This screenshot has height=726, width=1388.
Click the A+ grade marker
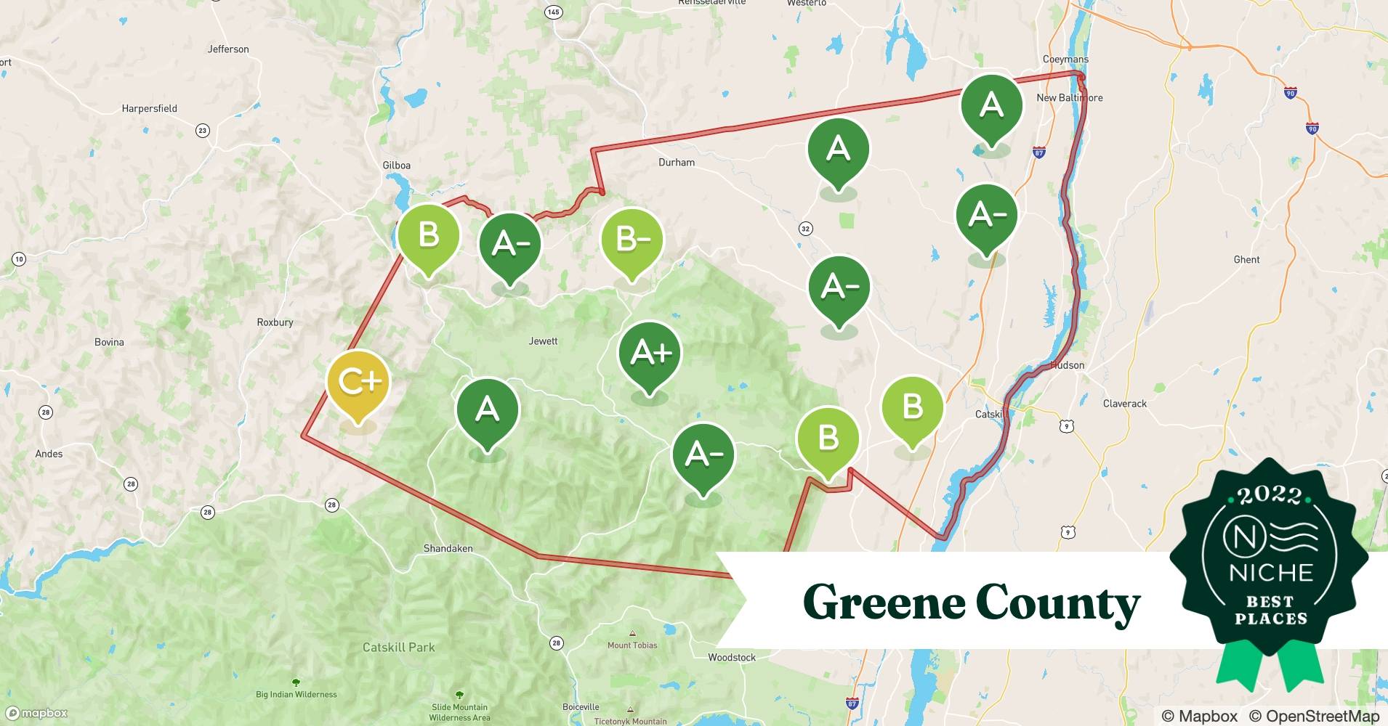pos(650,354)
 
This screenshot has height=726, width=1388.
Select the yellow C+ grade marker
pos(358,382)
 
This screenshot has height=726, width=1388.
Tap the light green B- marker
pos(632,239)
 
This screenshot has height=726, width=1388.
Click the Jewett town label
pos(543,341)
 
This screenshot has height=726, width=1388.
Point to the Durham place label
pos(676,163)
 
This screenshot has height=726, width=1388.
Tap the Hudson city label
pos(1068,365)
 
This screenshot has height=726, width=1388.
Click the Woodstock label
pos(732,658)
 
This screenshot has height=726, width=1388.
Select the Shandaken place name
pos(448,549)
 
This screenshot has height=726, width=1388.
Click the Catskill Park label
pos(398,647)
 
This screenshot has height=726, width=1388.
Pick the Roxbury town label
pos(275,322)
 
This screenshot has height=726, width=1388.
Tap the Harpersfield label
pos(149,109)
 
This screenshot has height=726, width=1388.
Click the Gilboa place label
pos(396,166)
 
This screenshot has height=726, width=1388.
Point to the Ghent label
pos(1246,260)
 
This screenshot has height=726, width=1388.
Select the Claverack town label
pos(1124,404)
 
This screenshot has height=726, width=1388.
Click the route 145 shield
pos(553,12)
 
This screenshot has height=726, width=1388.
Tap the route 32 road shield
pos(805,229)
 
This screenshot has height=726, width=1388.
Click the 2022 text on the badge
pos(1270,496)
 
